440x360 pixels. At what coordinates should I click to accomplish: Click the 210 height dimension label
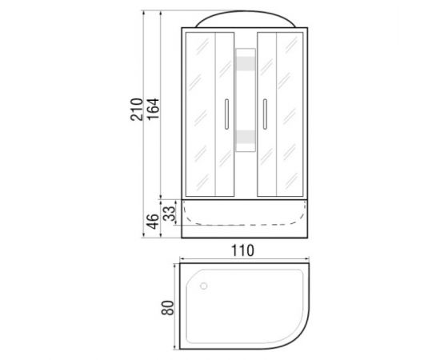[x=137, y=110]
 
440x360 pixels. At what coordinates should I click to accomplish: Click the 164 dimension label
[x=154, y=110]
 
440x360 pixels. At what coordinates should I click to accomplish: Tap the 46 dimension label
[x=154, y=222]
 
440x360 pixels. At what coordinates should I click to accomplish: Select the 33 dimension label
[x=170, y=214]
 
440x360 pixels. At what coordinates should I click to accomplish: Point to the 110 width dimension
[x=242, y=250]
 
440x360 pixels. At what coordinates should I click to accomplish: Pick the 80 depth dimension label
[x=168, y=308]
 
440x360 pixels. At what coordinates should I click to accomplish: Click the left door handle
[x=226, y=114]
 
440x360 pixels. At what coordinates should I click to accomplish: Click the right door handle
[x=265, y=114]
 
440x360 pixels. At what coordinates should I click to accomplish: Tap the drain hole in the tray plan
[x=204, y=286]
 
